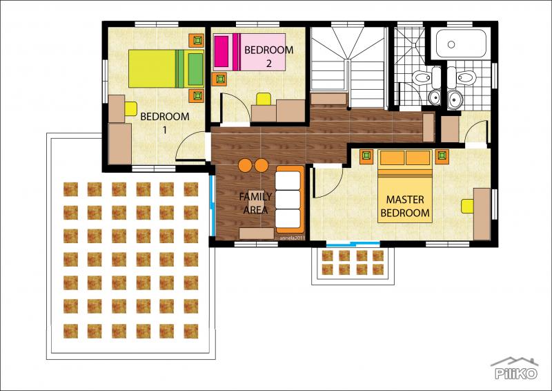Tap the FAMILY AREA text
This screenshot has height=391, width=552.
255,203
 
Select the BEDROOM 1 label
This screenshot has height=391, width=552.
165,122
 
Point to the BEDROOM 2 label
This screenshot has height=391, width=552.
269,56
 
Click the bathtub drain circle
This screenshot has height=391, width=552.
451,44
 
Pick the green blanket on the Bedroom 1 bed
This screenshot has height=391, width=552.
195,68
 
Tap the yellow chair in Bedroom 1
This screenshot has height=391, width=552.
130,107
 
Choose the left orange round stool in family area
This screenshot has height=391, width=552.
246,164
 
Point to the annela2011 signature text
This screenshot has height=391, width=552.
292,236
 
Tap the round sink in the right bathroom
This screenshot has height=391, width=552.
455,100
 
